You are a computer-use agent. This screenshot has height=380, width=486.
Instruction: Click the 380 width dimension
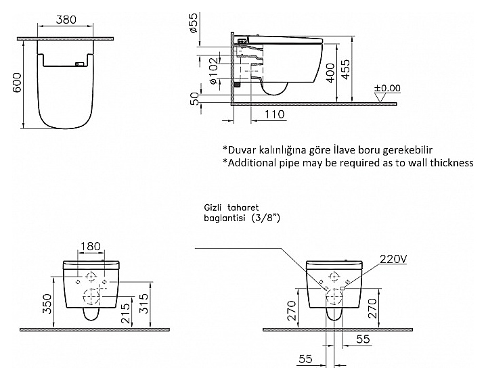coord(66,20)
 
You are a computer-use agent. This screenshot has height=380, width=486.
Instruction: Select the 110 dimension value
coord(273,115)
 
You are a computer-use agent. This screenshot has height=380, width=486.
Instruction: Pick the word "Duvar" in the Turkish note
coord(243,149)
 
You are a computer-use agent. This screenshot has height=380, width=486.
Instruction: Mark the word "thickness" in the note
coord(448,163)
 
